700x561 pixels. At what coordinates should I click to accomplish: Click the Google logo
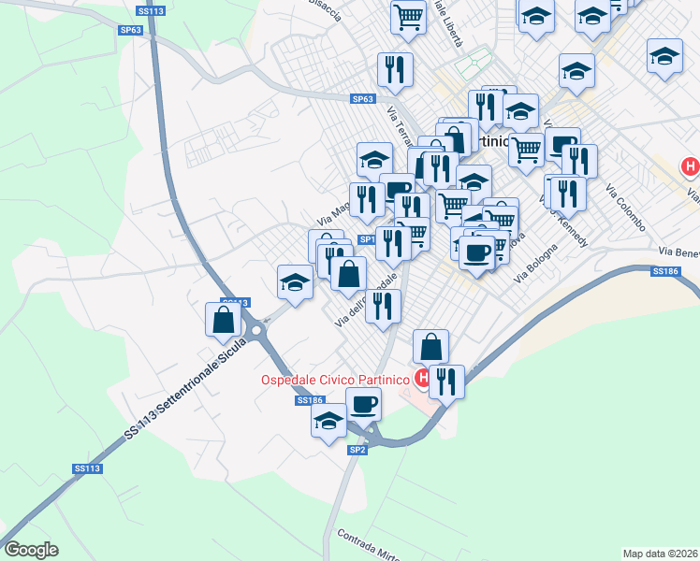[x=31, y=550]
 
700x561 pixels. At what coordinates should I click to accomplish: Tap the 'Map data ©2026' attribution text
[x=661, y=553]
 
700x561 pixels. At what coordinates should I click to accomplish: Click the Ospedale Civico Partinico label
[x=334, y=379]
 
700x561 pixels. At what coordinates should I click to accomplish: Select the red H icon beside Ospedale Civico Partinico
[x=423, y=379]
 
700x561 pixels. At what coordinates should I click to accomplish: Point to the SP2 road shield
[x=357, y=450]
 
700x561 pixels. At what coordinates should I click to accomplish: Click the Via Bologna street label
[x=537, y=265]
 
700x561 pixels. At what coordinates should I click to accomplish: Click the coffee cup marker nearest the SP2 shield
[x=363, y=404]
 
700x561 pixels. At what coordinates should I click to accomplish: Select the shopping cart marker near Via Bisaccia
[x=409, y=16]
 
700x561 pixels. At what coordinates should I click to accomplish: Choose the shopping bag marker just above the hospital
[x=430, y=346]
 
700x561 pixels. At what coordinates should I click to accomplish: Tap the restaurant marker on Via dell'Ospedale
[x=383, y=306]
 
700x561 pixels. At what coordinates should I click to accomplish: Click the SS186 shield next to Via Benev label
[x=664, y=271]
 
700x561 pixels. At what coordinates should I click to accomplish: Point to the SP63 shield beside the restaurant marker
[x=363, y=99]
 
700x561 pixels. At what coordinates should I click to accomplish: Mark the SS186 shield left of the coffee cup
[x=309, y=400]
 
